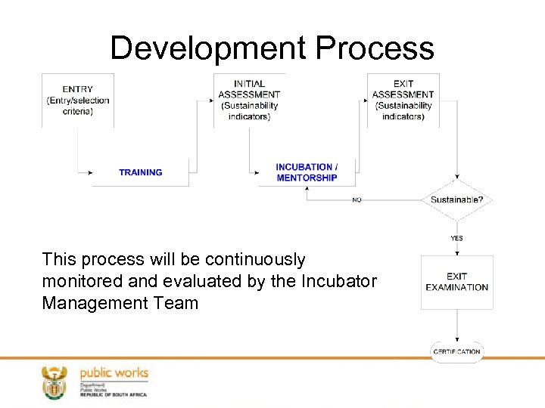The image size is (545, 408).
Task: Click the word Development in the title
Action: coord(208,48)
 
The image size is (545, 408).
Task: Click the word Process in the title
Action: coord(375,48)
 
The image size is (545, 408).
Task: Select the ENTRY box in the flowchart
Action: coord(78,100)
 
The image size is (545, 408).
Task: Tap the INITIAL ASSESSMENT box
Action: coord(249,100)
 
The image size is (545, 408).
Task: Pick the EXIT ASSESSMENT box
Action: coord(403,100)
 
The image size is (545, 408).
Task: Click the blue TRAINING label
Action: coord(140,172)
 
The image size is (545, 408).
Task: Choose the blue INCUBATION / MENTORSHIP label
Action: coord(307,172)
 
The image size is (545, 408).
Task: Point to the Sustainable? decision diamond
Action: coord(456,200)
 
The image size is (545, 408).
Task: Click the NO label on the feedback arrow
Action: coord(357,200)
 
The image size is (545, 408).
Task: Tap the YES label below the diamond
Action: coord(456,238)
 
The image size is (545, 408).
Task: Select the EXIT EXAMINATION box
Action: coord(456,282)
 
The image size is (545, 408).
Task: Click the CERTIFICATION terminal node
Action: coord(456,351)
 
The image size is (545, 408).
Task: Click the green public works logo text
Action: coord(114,373)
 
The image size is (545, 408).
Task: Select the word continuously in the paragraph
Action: coord(252,259)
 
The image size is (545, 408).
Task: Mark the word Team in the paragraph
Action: coord(176,303)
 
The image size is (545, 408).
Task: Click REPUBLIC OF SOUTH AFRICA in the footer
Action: coord(114,394)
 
